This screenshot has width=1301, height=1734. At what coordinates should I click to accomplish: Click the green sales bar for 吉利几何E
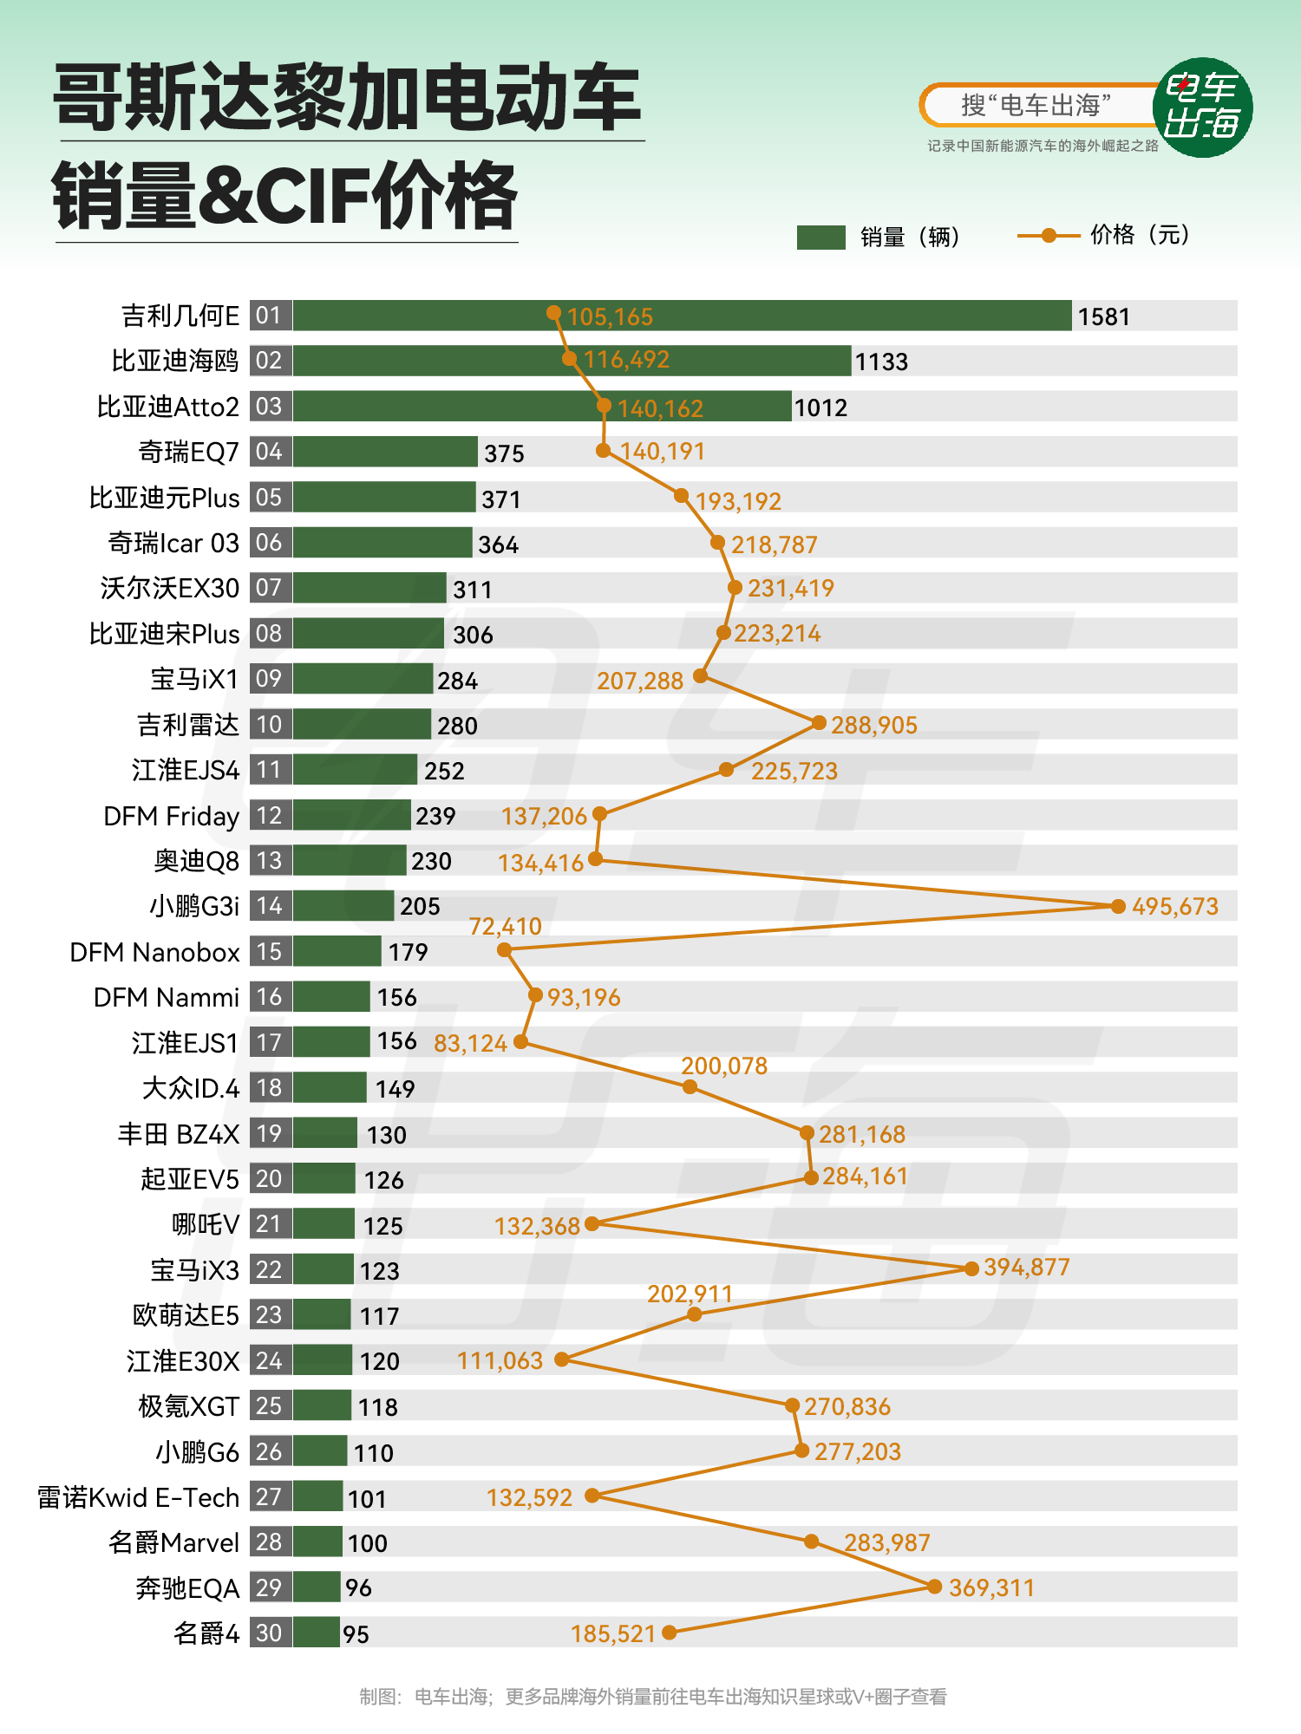682,316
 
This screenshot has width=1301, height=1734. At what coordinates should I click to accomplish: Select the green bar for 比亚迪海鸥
572,361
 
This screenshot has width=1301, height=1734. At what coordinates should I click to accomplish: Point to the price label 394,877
1026,1268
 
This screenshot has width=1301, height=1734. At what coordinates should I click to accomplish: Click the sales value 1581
1103,316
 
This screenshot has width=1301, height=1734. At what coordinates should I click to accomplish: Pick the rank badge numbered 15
270,951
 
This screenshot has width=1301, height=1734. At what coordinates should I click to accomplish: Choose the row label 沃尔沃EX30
169,588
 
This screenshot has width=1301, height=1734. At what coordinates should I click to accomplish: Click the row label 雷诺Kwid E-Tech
138,1497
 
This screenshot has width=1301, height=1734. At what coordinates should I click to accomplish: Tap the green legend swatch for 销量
820,237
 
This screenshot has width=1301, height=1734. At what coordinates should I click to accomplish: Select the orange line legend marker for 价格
1049,235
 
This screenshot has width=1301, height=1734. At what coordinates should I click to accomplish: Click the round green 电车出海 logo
1202,108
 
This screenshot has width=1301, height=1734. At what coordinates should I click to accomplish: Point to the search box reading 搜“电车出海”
1036,106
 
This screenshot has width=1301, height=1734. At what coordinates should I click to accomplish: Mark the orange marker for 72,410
505,950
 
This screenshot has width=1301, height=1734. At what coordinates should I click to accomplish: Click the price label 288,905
873,725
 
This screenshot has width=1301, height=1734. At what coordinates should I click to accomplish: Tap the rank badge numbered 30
270,1633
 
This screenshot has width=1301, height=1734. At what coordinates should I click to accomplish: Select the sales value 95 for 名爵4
356,1634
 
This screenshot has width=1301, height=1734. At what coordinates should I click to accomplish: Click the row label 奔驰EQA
186,1588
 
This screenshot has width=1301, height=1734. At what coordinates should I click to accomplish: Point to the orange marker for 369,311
934,1587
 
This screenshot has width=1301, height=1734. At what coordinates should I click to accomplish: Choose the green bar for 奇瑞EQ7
385,452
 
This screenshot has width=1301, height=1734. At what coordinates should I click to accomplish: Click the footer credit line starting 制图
652,1697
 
